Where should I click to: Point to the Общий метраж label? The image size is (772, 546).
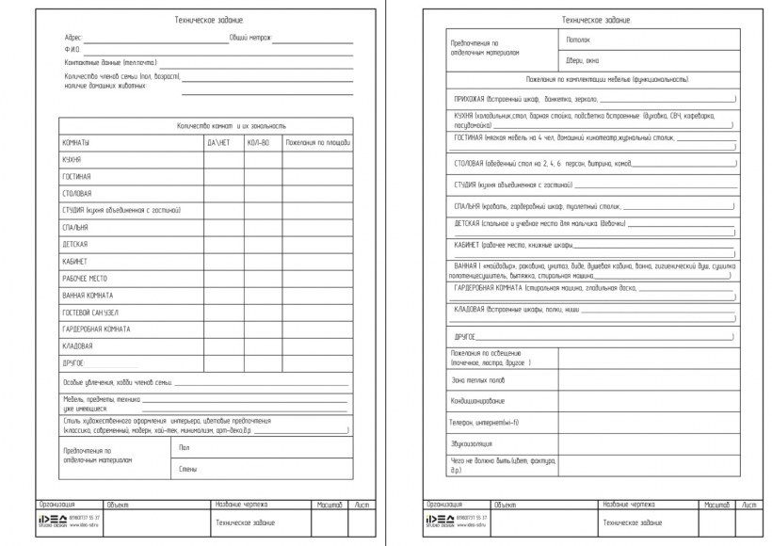point(250,39)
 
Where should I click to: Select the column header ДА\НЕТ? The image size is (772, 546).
point(218,143)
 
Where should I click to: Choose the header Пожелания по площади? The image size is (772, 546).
point(318,143)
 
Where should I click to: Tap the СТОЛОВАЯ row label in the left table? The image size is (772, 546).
point(77,193)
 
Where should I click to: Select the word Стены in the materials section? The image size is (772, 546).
point(187,467)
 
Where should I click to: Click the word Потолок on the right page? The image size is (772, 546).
point(577,40)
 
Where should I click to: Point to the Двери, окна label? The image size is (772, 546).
point(581,59)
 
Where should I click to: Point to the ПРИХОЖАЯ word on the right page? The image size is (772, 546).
point(470,98)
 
